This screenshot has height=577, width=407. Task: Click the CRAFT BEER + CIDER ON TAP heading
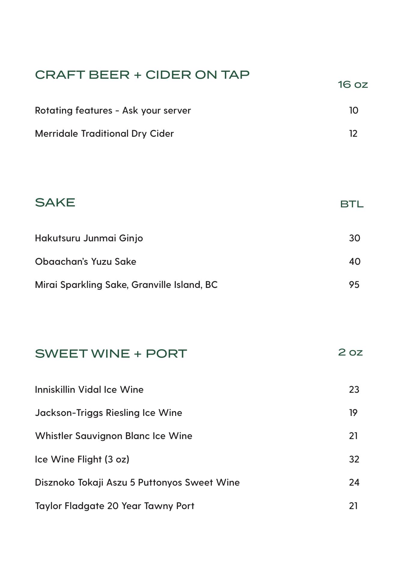(142, 75)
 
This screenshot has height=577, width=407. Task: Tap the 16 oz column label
(353, 84)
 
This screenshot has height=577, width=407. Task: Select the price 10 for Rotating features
(353, 111)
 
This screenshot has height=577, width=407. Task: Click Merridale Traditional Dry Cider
(104, 134)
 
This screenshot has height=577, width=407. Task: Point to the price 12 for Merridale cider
(353, 134)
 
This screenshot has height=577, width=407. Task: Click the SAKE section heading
(55, 203)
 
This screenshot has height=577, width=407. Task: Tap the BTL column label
(352, 204)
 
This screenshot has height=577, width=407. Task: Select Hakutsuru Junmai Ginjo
(89, 238)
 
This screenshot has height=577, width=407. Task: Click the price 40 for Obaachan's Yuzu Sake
(354, 262)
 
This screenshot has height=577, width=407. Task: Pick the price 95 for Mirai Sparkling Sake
(354, 285)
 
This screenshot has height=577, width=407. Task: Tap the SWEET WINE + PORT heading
(111, 354)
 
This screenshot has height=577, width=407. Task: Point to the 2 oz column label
(350, 352)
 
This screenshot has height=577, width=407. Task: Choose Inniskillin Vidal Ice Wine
(89, 390)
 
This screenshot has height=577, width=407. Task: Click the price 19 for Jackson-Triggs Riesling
(353, 413)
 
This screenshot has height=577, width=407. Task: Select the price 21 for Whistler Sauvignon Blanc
(353, 436)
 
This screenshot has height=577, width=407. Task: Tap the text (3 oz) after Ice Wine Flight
(117, 459)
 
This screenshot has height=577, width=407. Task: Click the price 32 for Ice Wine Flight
(354, 459)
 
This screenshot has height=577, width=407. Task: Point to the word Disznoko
(55, 483)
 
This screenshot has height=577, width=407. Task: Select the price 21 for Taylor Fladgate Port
(353, 506)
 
